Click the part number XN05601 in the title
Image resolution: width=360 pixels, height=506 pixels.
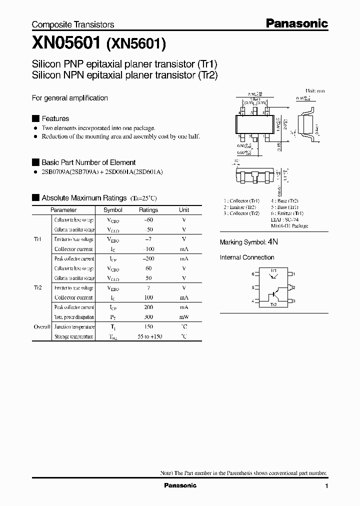click(65, 43)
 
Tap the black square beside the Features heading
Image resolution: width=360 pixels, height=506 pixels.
click(35, 118)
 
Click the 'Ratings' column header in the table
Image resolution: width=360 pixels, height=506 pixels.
click(148, 210)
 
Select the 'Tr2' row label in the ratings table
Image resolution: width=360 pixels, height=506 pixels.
click(38, 288)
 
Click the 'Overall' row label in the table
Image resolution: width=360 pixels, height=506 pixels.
click(41, 326)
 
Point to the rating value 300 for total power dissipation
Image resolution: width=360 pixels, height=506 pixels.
click(148, 317)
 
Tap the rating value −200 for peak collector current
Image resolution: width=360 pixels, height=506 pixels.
click(148, 258)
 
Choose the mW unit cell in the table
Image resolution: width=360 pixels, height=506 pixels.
click(184, 317)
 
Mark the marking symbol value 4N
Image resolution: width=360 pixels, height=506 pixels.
click(272, 241)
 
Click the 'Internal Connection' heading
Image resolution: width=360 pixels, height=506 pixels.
click(247, 257)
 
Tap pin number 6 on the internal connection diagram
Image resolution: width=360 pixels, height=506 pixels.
click(253, 274)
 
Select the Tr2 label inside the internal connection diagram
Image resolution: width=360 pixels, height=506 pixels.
click(273, 304)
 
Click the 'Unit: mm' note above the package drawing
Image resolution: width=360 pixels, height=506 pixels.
click(315, 91)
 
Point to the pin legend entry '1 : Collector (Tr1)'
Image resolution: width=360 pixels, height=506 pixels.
click(241, 201)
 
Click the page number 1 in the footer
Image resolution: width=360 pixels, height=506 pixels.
click(326, 486)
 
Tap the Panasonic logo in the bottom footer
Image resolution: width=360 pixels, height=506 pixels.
click(180, 485)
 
